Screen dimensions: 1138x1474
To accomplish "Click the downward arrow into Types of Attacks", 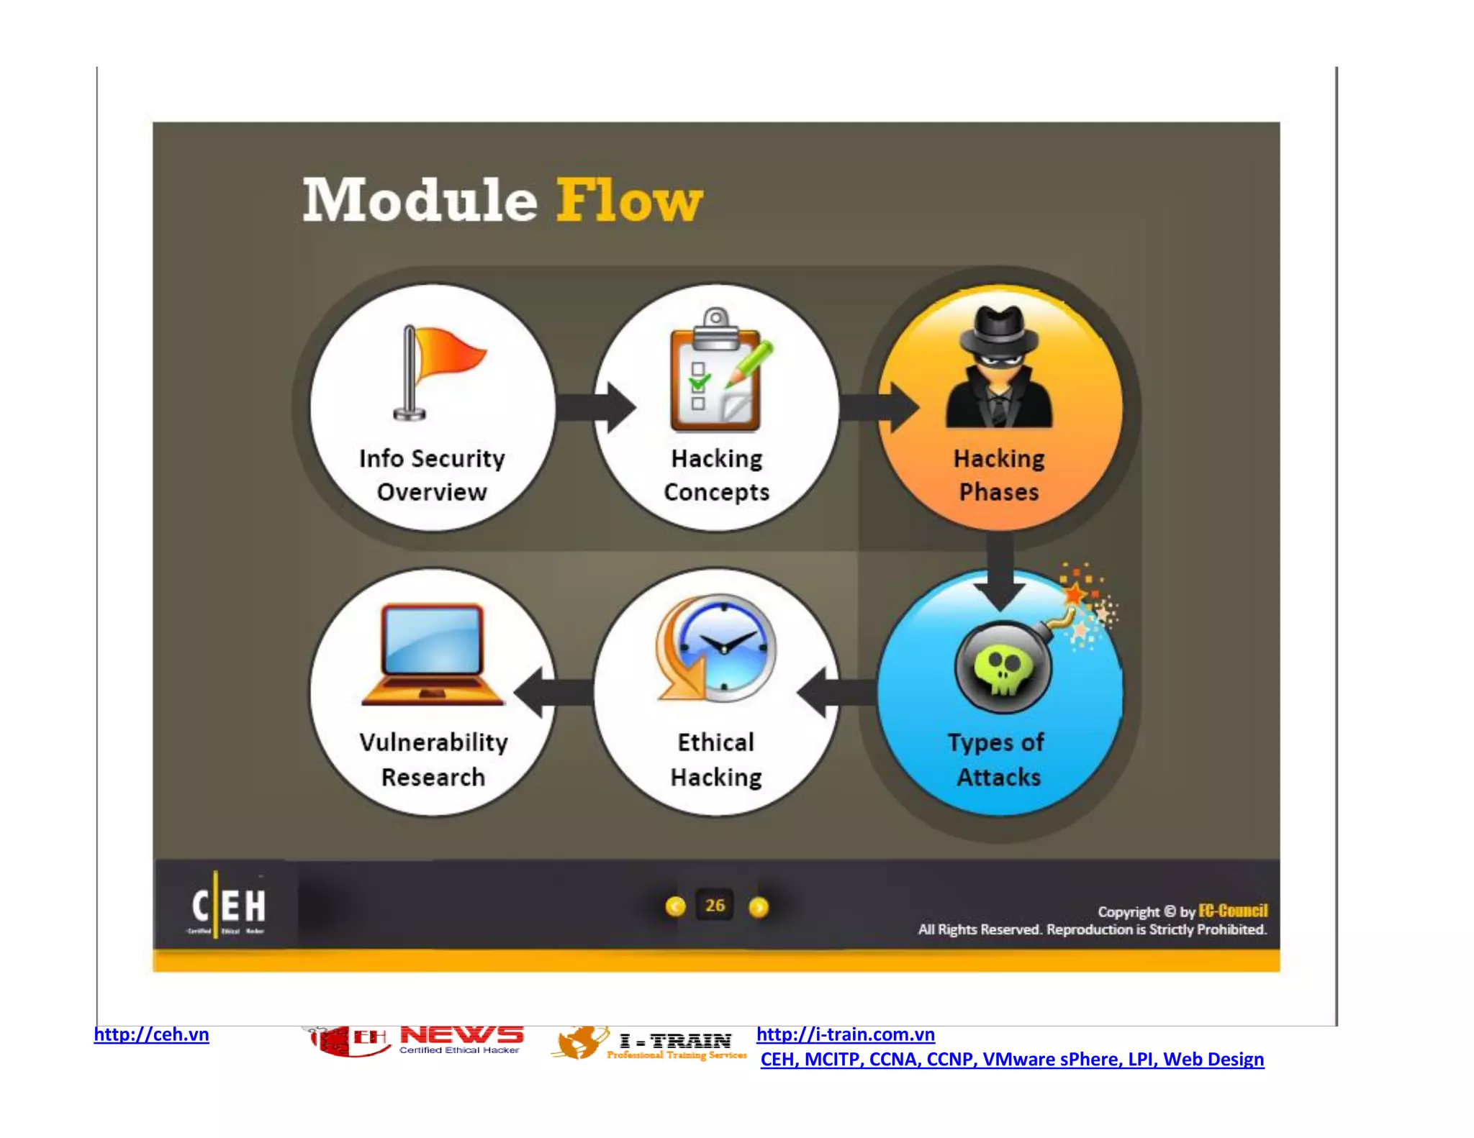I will coord(1000,572).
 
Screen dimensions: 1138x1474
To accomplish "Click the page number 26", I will coord(715,906).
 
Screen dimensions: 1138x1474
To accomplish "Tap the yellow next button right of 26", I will coord(759,907).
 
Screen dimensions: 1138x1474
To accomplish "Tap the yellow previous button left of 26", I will coord(675,906).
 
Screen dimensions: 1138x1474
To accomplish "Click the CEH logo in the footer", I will coord(228,906).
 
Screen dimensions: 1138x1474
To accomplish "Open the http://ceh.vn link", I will coord(151,1034).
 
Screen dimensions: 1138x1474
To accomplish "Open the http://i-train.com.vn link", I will coord(845,1034).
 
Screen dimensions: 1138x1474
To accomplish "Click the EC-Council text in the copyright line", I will coord(1232,911).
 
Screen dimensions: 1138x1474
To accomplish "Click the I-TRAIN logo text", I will coord(675,1041).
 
